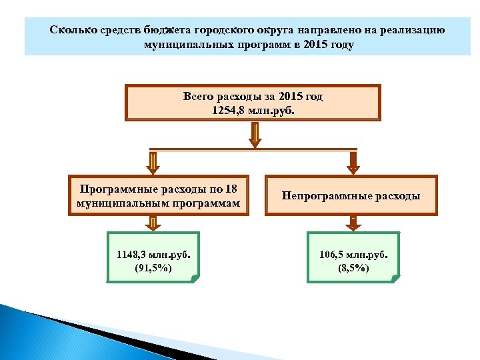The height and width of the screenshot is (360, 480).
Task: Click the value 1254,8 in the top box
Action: pyautogui.click(x=227, y=109)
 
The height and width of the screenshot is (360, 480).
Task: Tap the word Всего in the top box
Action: pyautogui.click(x=198, y=97)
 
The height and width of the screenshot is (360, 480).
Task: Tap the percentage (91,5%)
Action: pyautogui.click(x=153, y=268)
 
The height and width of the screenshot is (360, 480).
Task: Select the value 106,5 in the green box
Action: pyautogui.click(x=333, y=253)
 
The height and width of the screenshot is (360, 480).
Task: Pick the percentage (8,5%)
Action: pyautogui.click(x=353, y=268)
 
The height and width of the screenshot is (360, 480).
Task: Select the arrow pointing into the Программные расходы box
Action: pyautogui.click(x=153, y=162)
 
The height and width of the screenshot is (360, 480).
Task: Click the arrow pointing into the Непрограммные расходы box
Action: pyautogui.click(x=353, y=162)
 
